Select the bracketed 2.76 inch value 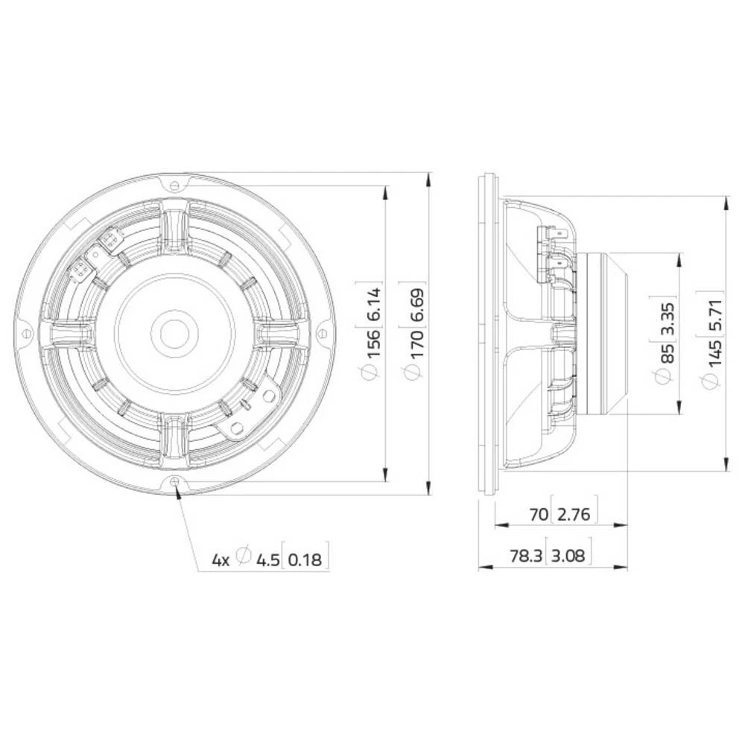tap(573, 514)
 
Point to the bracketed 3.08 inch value tap(569, 556)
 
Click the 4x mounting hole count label tap(221, 559)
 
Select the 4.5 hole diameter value tap(267, 559)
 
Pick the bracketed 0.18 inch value tap(305, 559)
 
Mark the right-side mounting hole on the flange tap(322, 333)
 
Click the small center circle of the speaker tap(175, 332)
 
